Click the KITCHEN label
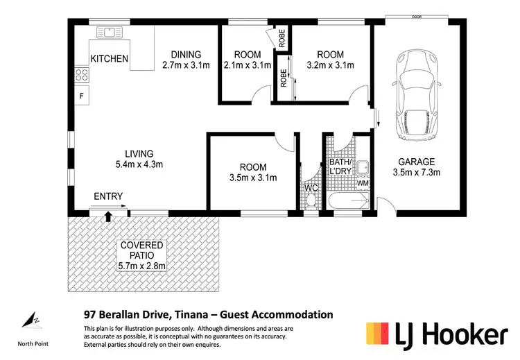pyautogui.click(x=110, y=59)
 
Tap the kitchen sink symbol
pyautogui.click(x=109, y=31)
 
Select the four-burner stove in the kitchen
pyautogui.click(x=81, y=75)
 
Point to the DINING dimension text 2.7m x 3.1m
pyautogui.click(x=182, y=66)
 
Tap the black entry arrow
pyautogui.click(x=107, y=216)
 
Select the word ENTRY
pyautogui.click(x=108, y=197)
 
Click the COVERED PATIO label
pyautogui.click(x=141, y=250)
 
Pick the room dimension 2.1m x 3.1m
pyautogui.click(x=247, y=66)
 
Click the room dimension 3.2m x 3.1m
pyautogui.click(x=330, y=66)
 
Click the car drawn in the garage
pyautogui.click(x=416, y=97)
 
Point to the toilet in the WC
pyautogui.click(x=311, y=200)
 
